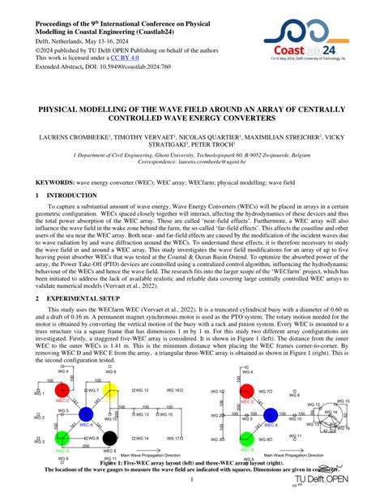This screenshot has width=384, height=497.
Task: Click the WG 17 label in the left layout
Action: (173, 439)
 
